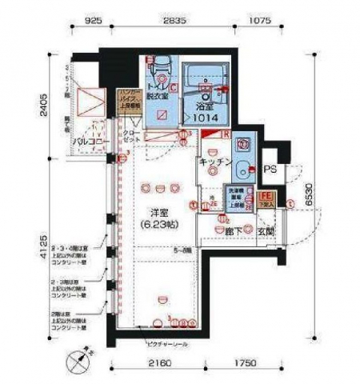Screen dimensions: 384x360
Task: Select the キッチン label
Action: click(x=215, y=162)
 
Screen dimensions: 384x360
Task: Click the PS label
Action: click(x=270, y=170)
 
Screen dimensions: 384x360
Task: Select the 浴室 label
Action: click(x=204, y=106)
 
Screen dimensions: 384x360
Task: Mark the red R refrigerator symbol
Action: click(x=227, y=134)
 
